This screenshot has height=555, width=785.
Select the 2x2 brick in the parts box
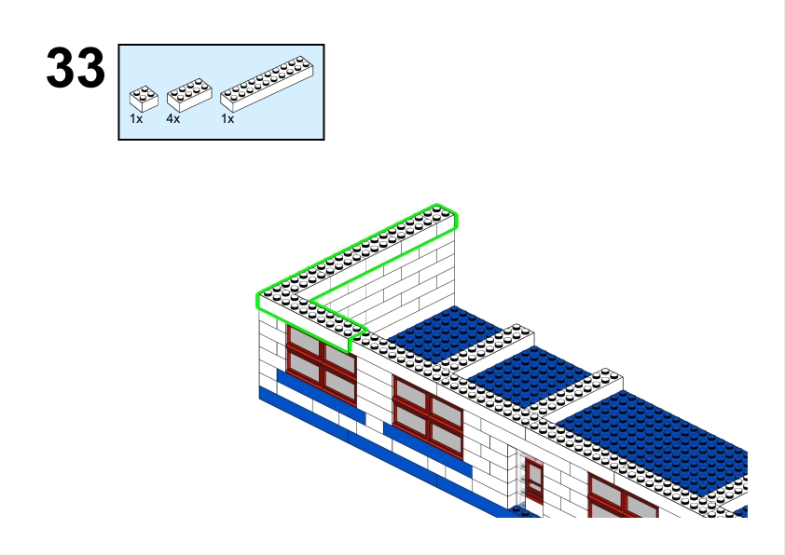click(144, 98)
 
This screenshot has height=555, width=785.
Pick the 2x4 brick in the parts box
click(189, 94)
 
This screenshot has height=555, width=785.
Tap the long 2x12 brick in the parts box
click(267, 84)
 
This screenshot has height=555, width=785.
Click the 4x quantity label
click(173, 119)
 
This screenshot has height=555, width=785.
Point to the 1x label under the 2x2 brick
click(136, 119)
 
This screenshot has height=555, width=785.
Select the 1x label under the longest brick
click(227, 119)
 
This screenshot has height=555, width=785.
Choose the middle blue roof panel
click(529, 375)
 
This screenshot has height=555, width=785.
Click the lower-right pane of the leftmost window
click(339, 384)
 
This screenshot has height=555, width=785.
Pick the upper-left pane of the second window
click(410, 392)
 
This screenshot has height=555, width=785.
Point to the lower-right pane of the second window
click(447, 438)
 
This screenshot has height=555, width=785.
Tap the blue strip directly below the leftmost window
click(321, 396)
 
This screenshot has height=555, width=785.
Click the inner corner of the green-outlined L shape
click(310, 303)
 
